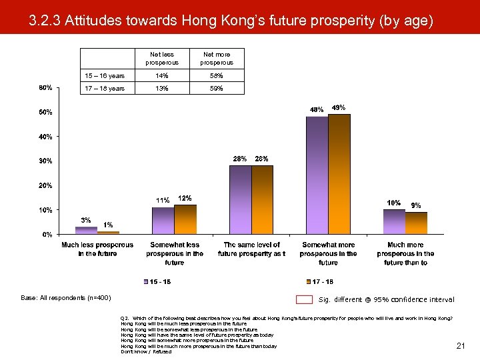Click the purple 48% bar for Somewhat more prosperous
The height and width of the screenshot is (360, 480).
click(317, 175)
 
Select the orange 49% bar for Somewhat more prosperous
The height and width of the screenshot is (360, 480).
click(339, 174)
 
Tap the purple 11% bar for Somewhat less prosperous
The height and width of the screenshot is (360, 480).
click(163, 221)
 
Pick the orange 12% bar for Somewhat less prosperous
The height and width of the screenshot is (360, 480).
click(185, 219)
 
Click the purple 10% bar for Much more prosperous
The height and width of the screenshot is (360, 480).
click(394, 222)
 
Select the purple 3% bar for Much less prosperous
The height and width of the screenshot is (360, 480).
click(86, 231)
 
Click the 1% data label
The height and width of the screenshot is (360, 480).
click(107, 225)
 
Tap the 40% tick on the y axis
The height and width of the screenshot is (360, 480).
click(45, 137)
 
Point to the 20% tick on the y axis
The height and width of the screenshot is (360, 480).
click(45, 185)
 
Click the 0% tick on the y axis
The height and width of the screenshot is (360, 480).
click(47, 235)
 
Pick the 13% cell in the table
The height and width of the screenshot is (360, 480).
click(162, 88)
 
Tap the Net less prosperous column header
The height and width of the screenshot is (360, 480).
click(162, 58)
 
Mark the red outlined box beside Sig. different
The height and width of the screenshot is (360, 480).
click(304, 299)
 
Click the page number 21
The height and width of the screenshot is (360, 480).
click(460, 345)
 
